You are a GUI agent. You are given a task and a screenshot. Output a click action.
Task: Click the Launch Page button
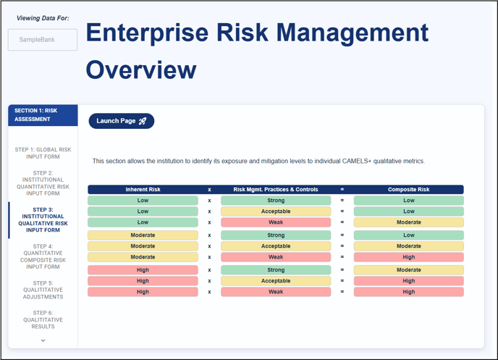[x=122, y=121]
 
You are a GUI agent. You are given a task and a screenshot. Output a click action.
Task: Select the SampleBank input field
[x=43, y=40]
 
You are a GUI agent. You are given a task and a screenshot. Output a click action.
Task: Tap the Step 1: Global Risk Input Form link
[x=43, y=153]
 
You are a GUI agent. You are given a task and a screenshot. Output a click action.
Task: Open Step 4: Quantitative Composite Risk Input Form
[x=43, y=256]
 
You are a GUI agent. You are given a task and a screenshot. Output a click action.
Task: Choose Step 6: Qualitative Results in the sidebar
[x=43, y=319]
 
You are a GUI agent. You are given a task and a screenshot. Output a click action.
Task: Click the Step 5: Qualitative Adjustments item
[x=43, y=290]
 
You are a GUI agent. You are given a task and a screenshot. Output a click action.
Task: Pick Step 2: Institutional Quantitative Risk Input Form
[x=43, y=183]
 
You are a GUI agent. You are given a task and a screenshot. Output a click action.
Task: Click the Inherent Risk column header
[x=143, y=189]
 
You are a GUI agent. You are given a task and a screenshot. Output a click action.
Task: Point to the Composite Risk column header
[x=409, y=189]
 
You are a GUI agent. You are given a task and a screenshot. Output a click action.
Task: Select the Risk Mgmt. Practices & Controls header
[x=276, y=189]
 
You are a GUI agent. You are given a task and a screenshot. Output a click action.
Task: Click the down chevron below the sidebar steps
[x=43, y=340]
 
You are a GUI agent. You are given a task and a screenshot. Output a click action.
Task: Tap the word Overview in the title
[x=141, y=70]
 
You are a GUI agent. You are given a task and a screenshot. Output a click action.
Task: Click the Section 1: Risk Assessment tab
[x=43, y=115]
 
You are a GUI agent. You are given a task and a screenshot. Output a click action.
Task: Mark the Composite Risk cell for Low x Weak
[x=409, y=222]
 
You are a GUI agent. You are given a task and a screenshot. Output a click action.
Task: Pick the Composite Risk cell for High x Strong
[x=409, y=270]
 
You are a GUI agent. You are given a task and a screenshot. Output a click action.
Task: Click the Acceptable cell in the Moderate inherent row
[x=276, y=246]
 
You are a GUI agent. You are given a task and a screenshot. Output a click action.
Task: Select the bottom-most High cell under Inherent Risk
[x=143, y=292]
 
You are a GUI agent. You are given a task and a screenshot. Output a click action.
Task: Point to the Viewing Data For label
[x=43, y=18]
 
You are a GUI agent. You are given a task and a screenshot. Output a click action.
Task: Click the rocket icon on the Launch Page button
[x=143, y=121]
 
